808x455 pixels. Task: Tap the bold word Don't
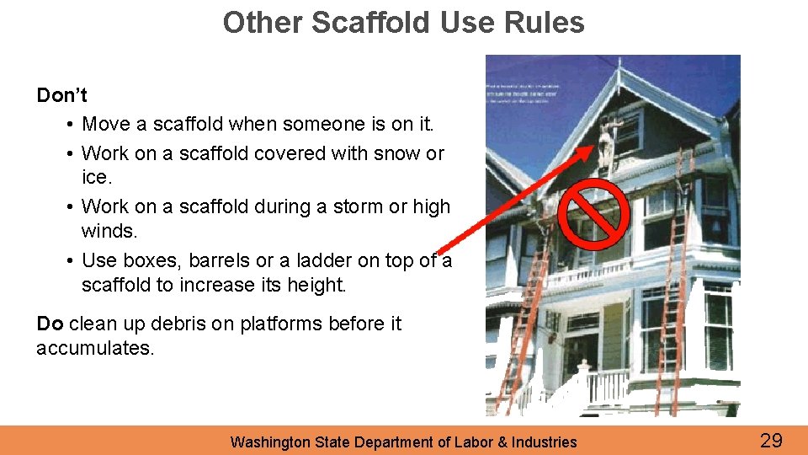coord(61,95)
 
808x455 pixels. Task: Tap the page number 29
coord(771,440)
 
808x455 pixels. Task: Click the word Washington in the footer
coord(270,442)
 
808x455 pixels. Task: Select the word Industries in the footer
coord(545,442)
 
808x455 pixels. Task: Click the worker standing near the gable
coord(609,138)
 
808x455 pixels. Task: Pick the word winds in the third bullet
coord(107,230)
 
